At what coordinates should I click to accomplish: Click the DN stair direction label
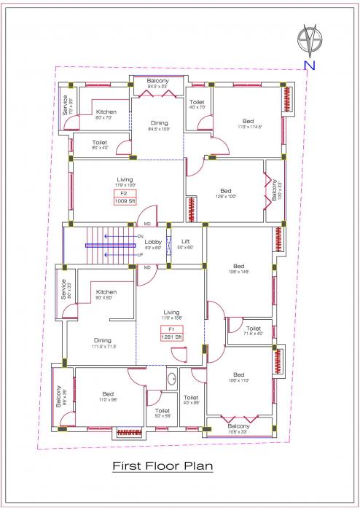click(x=139, y=237)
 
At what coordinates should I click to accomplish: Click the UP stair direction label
click(x=139, y=255)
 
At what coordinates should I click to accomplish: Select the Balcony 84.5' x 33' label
click(x=157, y=83)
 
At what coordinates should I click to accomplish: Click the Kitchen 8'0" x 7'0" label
click(x=106, y=114)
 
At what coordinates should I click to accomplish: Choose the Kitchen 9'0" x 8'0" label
click(x=106, y=294)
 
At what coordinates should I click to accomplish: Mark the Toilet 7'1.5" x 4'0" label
click(x=254, y=331)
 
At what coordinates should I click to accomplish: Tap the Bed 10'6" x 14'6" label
click(x=238, y=269)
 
